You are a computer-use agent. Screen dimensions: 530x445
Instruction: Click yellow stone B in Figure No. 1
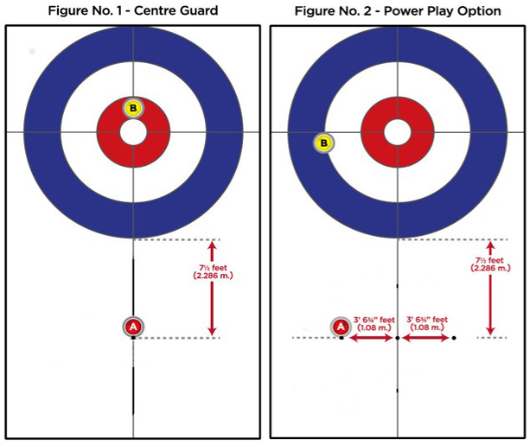click(133, 108)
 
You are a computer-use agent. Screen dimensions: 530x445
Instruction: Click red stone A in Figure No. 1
click(133, 327)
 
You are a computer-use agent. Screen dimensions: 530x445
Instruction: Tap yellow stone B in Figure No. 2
click(324, 143)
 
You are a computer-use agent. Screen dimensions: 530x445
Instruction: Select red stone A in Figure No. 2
click(341, 327)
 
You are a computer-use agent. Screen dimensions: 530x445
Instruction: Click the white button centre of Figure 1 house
click(133, 132)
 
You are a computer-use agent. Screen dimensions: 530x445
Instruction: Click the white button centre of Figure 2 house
click(398, 132)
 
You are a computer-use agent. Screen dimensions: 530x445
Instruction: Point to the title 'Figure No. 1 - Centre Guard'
click(133, 10)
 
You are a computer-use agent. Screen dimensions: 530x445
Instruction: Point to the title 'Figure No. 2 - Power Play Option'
click(398, 11)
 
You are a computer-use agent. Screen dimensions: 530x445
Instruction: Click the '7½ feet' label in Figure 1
click(213, 268)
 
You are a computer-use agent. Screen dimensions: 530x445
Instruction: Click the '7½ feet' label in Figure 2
click(489, 260)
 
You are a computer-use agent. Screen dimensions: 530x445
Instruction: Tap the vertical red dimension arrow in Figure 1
click(212, 289)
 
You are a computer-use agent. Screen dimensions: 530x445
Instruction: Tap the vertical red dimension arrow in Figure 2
click(490, 289)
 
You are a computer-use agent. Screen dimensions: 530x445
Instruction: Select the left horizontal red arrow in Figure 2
click(371, 338)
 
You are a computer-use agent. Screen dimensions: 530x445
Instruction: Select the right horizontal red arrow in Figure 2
click(426, 338)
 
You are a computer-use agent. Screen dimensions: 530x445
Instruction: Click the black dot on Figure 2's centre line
click(398, 338)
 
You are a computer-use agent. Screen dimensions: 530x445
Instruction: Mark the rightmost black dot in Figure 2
click(454, 338)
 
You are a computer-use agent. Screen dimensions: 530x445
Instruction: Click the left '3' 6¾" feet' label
click(374, 320)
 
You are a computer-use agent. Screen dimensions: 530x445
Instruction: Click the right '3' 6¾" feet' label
click(427, 320)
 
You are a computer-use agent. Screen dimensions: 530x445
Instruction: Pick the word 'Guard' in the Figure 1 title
click(198, 10)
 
